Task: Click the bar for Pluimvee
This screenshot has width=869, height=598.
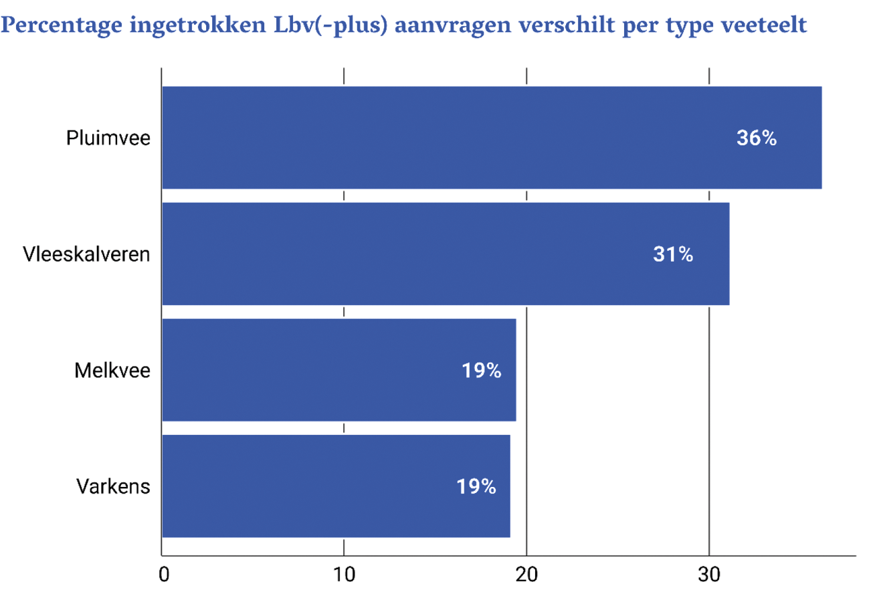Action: coord(492,138)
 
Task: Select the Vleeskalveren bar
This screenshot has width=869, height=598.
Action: coord(446,254)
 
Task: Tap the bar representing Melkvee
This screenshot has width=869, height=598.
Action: coord(339,370)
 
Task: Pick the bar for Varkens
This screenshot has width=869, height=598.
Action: coord(336,486)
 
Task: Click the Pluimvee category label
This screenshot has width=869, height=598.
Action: coord(108,138)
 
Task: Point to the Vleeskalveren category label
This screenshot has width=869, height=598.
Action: coord(86,255)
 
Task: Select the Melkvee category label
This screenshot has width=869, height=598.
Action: coord(112,371)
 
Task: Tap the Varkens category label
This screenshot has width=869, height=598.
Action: coord(113,487)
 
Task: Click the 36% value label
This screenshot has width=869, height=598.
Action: coord(756,138)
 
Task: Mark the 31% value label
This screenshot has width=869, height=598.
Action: coord(673,255)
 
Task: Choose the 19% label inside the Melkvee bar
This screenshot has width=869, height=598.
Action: coord(481,371)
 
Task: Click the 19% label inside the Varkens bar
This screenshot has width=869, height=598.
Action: coord(476,487)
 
